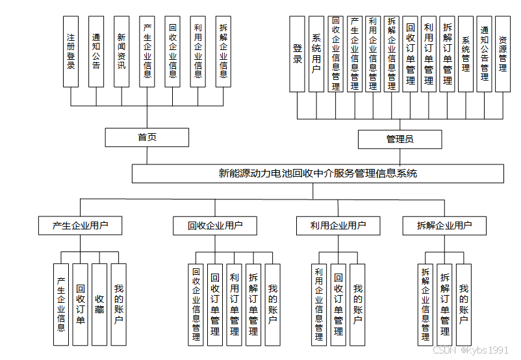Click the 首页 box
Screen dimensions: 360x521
point(147,137)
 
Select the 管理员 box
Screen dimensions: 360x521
point(400,139)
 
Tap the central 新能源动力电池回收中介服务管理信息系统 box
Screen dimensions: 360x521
point(318,174)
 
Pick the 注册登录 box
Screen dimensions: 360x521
point(71,52)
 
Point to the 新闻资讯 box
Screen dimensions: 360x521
point(121,52)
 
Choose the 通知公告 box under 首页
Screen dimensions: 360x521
point(96,52)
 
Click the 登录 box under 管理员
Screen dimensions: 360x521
point(298,54)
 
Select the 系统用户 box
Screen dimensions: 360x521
point(316,54)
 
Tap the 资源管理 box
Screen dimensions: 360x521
point(503,54)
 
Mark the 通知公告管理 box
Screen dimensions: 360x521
point(484,54)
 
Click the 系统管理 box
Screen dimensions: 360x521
point(466,54)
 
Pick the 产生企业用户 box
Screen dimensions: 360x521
point(80,226)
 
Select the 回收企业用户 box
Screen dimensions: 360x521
point(215,226)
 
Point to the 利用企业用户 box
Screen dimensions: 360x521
point(338,226)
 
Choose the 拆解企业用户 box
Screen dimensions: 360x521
point(445,226)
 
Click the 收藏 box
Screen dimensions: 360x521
point(99,304)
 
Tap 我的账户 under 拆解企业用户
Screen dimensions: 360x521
point(464,304)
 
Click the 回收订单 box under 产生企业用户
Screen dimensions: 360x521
point(80,304)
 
